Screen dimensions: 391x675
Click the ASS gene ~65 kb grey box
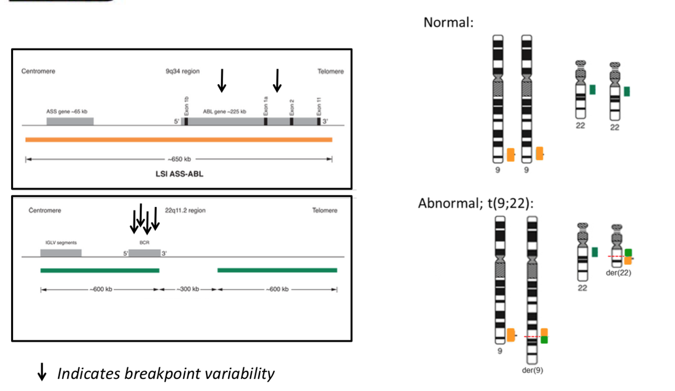pos(70,122)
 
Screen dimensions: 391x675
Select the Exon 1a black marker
pos(266,122)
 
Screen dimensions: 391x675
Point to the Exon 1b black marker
pos(186,122)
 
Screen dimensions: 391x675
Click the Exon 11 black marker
pos(319,122)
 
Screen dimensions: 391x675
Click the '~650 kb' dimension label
pos(179,159)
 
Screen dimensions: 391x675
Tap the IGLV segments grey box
pos(61,253)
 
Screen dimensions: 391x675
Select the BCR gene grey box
pos(144,253)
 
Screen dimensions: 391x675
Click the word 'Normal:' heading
pos(448,23)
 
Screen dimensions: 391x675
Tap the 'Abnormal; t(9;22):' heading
pos(476,203)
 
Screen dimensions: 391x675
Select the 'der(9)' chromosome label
pos(532,370)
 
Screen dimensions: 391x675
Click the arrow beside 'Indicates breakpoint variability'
pos(43,373)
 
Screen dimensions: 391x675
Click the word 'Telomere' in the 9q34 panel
pos(330,72)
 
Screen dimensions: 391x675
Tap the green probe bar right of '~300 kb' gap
pos(277,270)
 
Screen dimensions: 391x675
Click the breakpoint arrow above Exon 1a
pos(277,80)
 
